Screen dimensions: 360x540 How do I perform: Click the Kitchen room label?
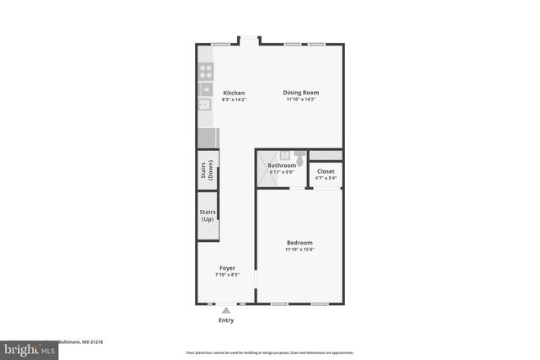(x=234, y=93)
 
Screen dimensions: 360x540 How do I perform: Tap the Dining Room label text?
(x=301, y=93)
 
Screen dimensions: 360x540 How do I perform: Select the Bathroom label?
(x=282, y=165)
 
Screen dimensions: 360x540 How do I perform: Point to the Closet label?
(x=326, y=171)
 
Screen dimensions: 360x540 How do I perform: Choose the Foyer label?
(x=227, y=268)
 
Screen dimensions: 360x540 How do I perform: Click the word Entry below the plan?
(x=226, y=320)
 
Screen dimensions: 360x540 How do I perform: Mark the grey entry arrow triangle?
(x=226, y=310)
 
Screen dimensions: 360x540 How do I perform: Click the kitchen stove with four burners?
(x=205, y=71)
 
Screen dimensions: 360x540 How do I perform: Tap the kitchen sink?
(x=204, y=106)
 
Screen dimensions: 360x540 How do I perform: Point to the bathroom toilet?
(x=300, y=156)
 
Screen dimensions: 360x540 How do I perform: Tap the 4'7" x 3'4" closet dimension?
(x=326, y=178)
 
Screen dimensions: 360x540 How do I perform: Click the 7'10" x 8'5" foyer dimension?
(x=227, y=275)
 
